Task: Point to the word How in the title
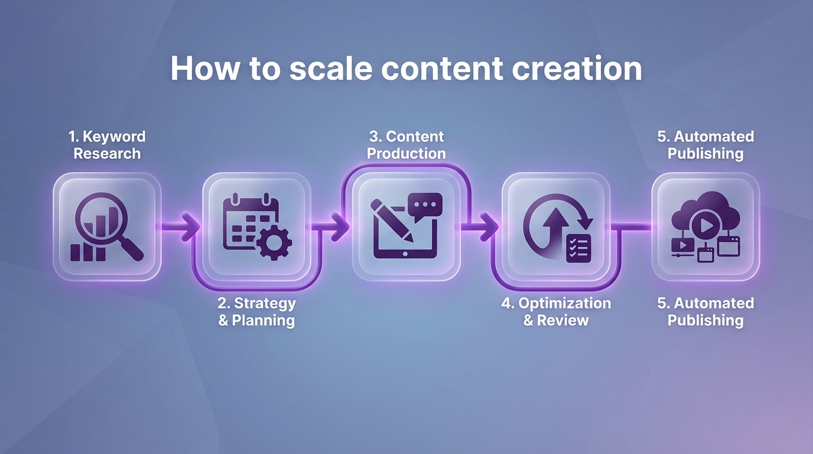coord(204,69)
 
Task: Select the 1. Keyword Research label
coord(107,145)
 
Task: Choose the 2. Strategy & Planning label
coord(256,312)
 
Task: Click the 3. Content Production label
coord(406,145)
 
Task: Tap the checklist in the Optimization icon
coord(578,248)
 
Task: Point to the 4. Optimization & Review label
coord(556,312)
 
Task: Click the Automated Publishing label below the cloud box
coord(705,312)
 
